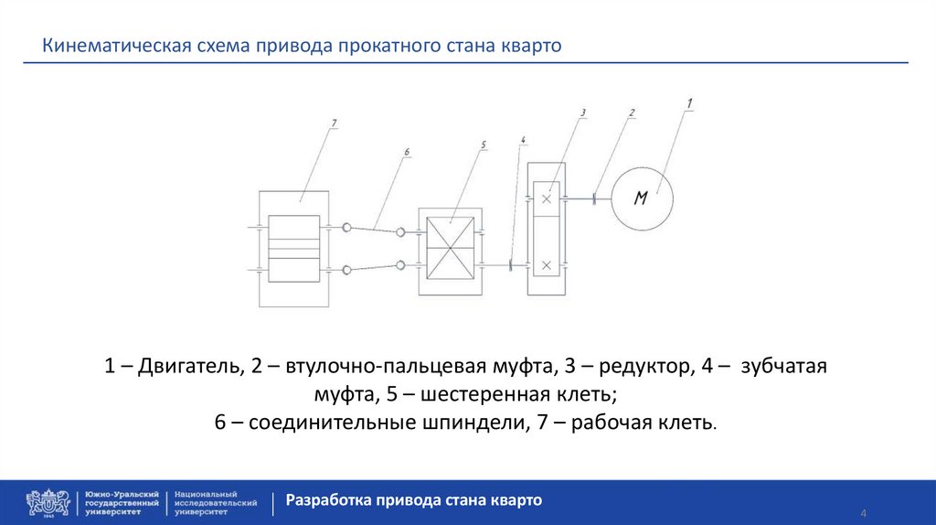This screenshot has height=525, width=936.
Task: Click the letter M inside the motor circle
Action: coord(641,198)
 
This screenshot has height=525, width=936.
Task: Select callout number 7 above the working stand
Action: coord(335,123)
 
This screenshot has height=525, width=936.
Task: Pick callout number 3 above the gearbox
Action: coord(582,112)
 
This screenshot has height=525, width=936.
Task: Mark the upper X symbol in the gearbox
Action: coord(546,198)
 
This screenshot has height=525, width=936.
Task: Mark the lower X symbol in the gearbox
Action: coord(546,265)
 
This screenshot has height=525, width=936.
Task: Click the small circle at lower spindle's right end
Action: coord(400,265)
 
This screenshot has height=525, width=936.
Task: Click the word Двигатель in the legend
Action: coord(191,367)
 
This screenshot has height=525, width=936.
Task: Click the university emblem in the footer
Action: coord(48,502)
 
